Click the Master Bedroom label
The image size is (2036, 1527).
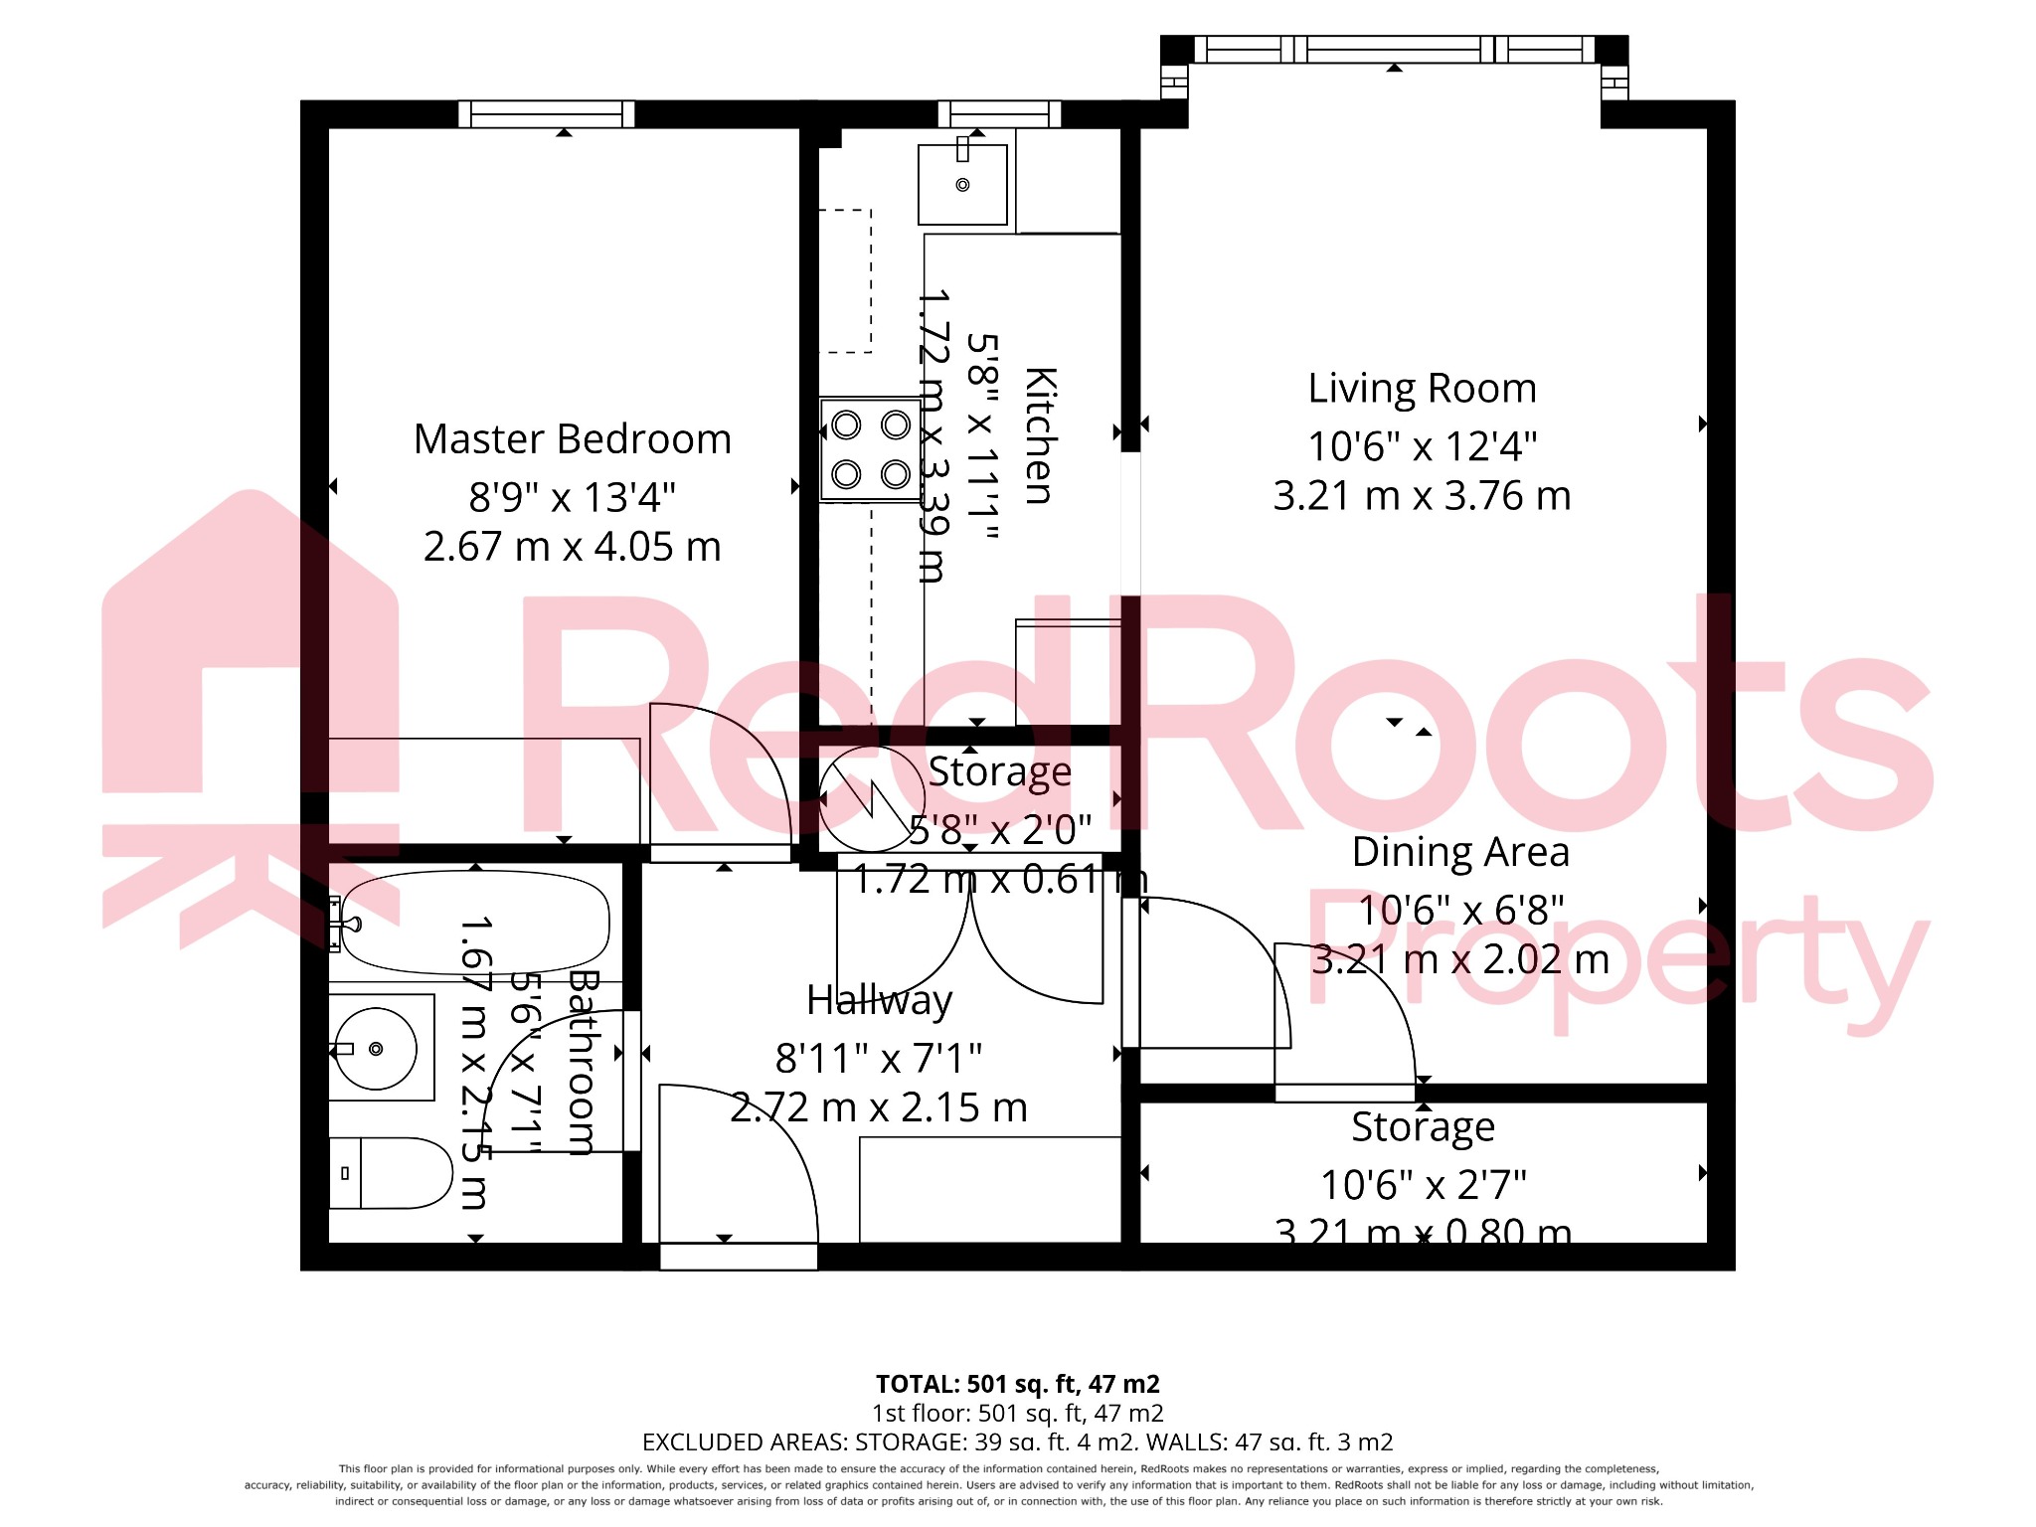tap(572, 439)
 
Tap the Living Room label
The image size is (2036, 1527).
tap(1422, 389)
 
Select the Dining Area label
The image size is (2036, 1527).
tap(1459, 853)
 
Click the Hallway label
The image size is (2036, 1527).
tap(879, 1000)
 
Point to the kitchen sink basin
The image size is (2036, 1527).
tap(961, 186)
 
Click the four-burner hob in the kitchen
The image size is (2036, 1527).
tap(870, 449)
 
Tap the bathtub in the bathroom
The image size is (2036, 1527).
tap(475, 923)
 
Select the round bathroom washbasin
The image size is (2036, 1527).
tap(375, 1049)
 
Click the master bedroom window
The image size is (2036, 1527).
tap(546, 113)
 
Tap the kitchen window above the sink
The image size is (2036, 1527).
tap(998, 113)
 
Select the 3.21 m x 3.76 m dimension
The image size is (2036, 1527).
tap(1422, 496)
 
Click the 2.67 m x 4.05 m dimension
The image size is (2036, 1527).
tap(572, 547)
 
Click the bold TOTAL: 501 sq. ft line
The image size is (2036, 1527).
tap(1017, 1384)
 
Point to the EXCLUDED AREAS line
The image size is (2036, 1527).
tap(1017, 1442)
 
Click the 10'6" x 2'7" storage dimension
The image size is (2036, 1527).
tap(1423, 1185)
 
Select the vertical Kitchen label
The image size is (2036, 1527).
tap(1040, 435)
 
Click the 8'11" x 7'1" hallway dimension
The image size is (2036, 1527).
tap(879, 1059)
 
